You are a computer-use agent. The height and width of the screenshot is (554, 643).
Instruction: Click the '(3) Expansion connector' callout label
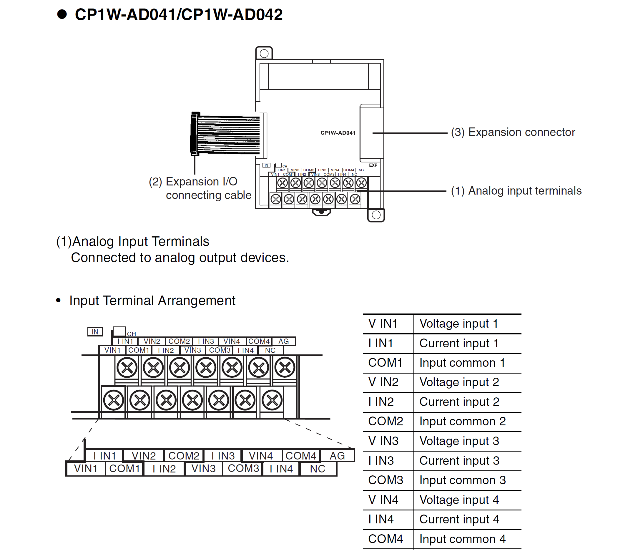click(513, 132)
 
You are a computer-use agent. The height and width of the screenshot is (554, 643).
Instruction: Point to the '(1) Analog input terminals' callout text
click(516, 191)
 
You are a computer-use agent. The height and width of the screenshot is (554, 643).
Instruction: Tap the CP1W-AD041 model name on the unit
click(338, 133)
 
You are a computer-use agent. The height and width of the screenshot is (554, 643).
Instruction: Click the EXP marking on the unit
click(373, 165)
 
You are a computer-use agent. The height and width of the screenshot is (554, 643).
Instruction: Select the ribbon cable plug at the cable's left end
click(195, 134)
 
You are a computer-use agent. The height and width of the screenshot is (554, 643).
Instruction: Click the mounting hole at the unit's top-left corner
click(264, 53)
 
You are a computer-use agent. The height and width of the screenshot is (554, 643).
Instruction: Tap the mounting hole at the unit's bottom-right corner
click(376, 215)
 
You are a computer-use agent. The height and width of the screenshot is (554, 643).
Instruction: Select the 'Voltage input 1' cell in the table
click(459, 324)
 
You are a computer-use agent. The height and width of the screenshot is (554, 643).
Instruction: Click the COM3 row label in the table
click(386, 480)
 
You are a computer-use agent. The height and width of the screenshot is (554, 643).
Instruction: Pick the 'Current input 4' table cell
click(459, 519)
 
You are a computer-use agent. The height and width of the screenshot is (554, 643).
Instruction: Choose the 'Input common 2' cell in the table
click(462, 422)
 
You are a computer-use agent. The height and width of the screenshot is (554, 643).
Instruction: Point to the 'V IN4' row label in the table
click(383, 500)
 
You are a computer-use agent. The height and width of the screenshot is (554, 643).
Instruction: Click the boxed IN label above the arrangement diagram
click(95, 332)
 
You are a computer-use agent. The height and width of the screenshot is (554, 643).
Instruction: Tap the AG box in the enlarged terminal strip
click(337, 456)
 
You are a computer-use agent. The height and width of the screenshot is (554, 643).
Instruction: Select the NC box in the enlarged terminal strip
click(318, 469)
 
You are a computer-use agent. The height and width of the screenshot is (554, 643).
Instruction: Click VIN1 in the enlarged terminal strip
click(86, 469)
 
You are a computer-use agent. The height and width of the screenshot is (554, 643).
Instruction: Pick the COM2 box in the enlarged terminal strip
click(184, 456)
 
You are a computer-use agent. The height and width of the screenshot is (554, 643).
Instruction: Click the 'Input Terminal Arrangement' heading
click(152, 301)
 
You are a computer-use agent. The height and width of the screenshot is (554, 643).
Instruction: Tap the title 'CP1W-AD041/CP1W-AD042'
click(179, 15)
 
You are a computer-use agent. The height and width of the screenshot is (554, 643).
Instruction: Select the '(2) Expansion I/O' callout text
click(193, 182)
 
